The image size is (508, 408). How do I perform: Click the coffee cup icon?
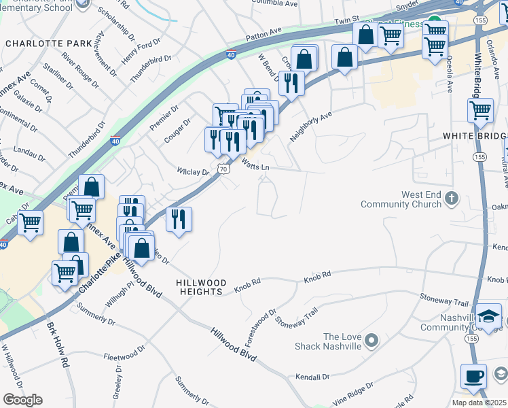click(x=473, y=375)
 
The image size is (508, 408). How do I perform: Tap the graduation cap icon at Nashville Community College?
click(x=488, y=316)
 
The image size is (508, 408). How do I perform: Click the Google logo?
click(x=22, y=400)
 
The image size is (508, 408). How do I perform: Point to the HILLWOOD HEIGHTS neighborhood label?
click(x=199, y=287)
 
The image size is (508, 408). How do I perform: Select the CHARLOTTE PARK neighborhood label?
click(x=48, y=43)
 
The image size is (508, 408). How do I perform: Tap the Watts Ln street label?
click(x=255, y=163)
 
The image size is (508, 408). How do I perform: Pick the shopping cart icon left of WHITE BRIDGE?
click(x=480, y=110)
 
